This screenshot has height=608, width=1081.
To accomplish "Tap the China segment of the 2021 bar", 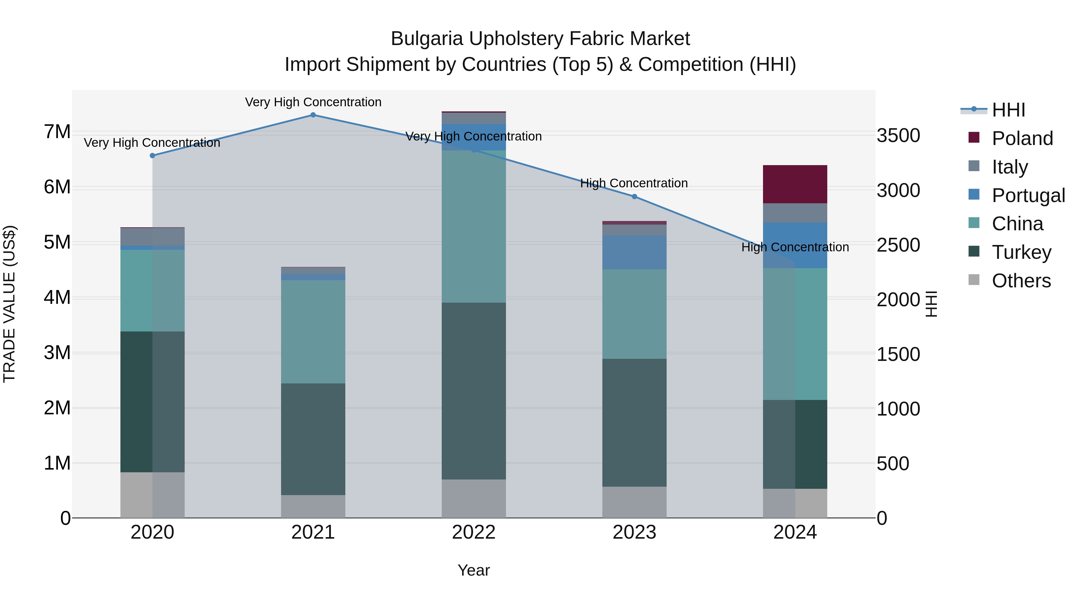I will (x=313, y=331).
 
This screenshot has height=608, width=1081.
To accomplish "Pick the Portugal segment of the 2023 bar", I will (x=634, y=252).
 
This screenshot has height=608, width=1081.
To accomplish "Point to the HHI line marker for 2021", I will (x=313, y=115).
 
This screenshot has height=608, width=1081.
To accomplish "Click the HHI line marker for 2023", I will (x=634, y=197).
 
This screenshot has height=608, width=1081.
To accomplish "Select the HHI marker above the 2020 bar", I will (x=152, y=156).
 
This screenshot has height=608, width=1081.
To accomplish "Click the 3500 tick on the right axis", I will (x=898, y=135).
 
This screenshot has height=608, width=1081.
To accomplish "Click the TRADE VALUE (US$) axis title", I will (x=9, y=304).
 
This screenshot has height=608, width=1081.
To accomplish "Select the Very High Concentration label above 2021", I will (x=313, y=102).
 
